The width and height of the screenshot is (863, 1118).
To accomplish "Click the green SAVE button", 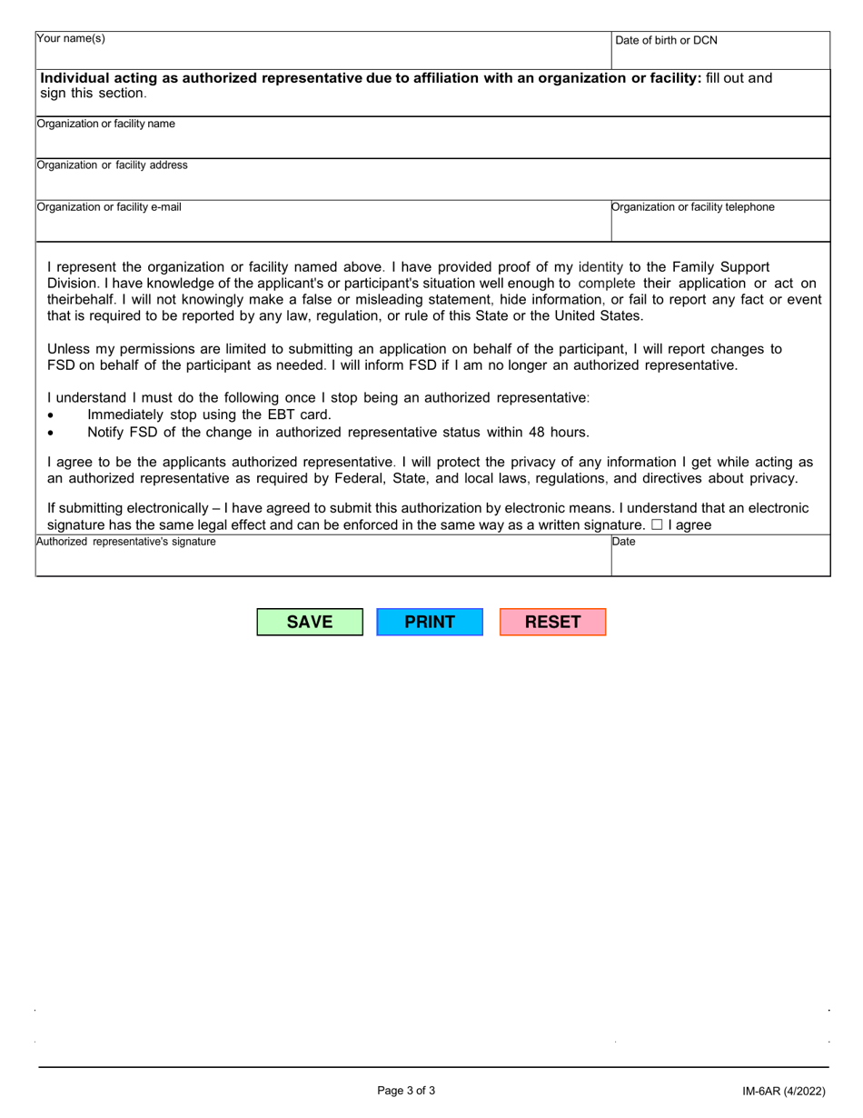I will [x=310, y=623].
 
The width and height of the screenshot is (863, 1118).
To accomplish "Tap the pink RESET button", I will [x=552, y=623].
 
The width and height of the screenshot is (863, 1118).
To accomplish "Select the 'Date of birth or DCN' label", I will [x=666, y=40].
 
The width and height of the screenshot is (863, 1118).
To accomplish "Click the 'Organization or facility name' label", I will [x=105, y=124].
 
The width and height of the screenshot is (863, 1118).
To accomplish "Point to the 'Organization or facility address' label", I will [x=112, y=165].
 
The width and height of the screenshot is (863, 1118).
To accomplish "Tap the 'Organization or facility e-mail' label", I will [x=108, y=207].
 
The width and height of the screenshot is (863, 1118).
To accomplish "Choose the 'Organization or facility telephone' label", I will [x=693, y=207].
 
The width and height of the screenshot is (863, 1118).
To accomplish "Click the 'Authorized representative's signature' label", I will [x=125, y=542].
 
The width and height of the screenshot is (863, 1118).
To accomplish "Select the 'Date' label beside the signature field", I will [x=624, y=542].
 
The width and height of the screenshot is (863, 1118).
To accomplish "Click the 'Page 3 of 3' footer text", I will [x=406, y=1091].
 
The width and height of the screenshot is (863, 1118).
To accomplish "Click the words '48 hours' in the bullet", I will [x=560, y=432].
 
